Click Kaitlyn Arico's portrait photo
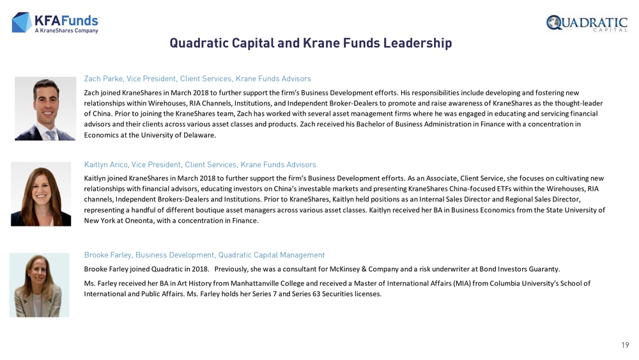click(x=41, y=194)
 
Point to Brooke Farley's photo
click(x=39, y=285)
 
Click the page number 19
click(x=625, y=345)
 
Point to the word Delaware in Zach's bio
click(x=200, y=136)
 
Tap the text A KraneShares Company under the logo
click(x=66, y=31)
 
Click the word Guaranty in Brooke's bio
click(x=546, y=269)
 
